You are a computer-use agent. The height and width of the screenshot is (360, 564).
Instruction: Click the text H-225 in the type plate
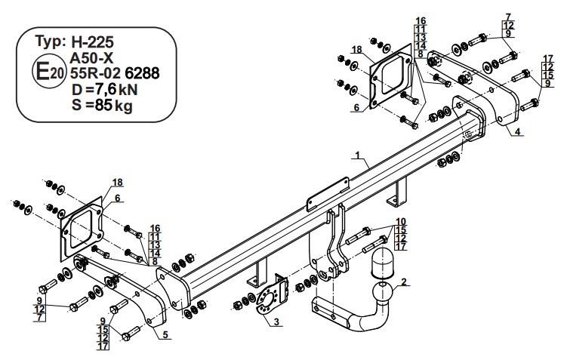[x=92, y=42]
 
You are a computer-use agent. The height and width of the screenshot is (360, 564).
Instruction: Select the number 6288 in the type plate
[x=142, y=73]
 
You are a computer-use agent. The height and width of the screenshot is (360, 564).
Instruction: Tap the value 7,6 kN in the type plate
[x=116, y=90]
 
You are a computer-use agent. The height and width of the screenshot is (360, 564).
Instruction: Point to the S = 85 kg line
[x=102, y=106]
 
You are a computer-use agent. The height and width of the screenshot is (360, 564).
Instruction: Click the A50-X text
[x=91, y=57]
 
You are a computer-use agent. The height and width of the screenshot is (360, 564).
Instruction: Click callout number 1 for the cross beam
[x=358, y=155]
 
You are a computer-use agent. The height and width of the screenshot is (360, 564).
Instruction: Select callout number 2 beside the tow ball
[x=404, y=282]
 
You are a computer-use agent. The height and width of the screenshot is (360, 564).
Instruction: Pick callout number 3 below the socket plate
[x=276, y=322]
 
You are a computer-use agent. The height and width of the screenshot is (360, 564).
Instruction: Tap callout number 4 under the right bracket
[x=517, y=132]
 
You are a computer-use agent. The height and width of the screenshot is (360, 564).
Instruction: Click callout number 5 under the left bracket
[x=165, y=335]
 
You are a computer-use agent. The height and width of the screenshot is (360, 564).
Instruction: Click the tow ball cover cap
[x=381, y=263]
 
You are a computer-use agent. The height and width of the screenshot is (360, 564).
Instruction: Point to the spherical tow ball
[x=381, y=293]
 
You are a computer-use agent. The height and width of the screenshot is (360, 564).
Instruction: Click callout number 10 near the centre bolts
[x=401, y=222]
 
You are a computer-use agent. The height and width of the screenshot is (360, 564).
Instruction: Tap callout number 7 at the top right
[x=508, y=17]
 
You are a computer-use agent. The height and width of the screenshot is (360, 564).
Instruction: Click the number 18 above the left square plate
[x=117, y=183]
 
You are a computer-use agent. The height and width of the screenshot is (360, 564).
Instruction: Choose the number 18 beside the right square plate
[x=357, y=49]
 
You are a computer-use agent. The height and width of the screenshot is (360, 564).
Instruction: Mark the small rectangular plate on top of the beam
[x=328, y=194]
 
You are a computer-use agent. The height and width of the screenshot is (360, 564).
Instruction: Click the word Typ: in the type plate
[x=51, y=42]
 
